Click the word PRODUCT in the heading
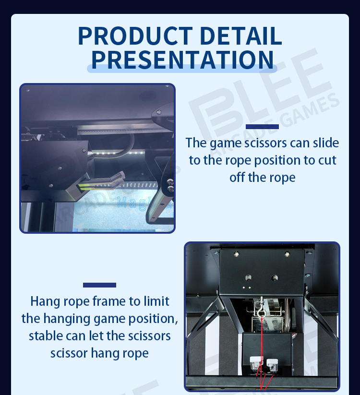[x=135, y=36]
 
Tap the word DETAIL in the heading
[x=241, y=36]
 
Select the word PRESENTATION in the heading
[x=182, y=60]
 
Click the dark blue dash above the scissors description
[x=262, y=127]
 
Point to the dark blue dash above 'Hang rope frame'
[x=99, y=285]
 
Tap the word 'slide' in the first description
[x=326, y=143]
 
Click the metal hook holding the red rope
[x=261, y=309]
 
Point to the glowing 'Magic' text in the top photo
[x=141, y=203]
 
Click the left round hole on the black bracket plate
[x=248, y=278]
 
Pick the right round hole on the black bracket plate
[x=275, y=278]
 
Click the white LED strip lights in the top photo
[x=119, y=153]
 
